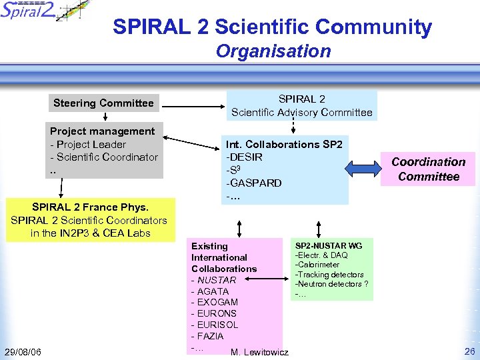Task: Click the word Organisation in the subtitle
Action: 273,51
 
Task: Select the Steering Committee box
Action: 103,103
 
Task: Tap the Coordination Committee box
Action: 429,169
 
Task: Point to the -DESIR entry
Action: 245,157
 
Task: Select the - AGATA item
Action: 210,291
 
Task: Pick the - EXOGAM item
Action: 214,303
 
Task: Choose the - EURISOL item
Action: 215,325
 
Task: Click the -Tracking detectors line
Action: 329,275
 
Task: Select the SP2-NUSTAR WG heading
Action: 329,246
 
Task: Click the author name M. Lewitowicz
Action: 259,352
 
